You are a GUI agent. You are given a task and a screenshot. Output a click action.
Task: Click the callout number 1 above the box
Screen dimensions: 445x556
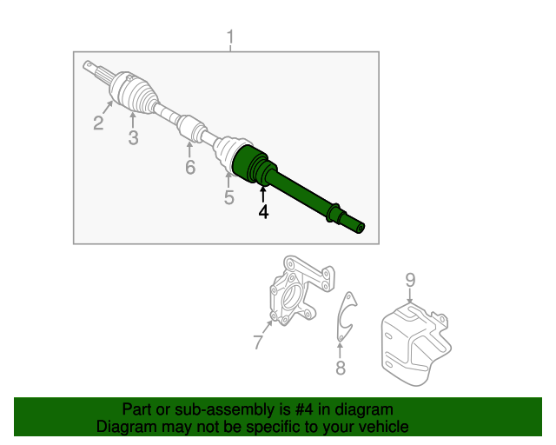(x=230, y=37)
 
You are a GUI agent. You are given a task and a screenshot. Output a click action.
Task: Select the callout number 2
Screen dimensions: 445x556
(x=98, y=123)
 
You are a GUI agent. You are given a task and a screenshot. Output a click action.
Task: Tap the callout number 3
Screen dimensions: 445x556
(x=133, y=138)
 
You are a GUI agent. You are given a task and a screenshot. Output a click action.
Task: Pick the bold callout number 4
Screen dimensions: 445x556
(x=262, y=211)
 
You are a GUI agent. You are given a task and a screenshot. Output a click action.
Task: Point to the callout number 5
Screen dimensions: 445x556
(x=228, y=198)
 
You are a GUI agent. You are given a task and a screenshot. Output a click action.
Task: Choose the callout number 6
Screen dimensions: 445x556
(x=189, y=167)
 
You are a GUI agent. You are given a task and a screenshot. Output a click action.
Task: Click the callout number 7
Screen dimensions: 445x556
(x=258, y=342)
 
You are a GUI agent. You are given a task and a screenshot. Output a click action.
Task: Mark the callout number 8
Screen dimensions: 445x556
(x=341, y=369)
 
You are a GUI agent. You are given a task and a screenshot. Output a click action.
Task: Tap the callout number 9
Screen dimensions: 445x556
(x=410, y=280)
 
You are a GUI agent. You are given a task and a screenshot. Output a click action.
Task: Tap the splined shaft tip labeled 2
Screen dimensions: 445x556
(x=94, y=70)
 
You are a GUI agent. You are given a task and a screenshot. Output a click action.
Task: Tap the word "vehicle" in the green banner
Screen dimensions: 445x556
(x=383, y=427)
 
